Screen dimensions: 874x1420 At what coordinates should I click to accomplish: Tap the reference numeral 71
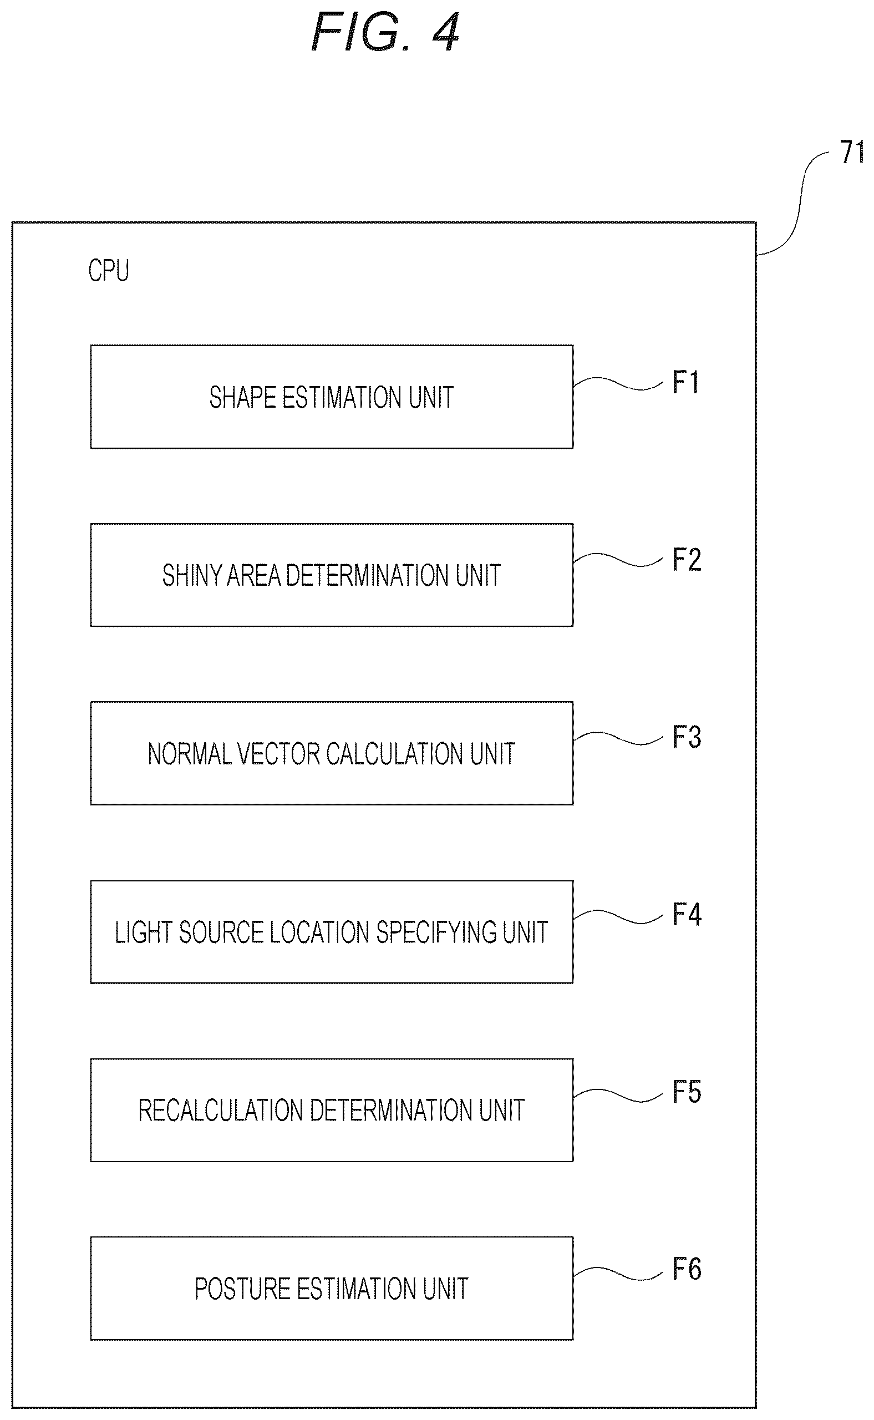tap(852, 153)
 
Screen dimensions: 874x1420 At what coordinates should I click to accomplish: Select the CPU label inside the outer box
tap(109, 271)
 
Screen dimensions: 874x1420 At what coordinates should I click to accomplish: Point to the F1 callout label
tap(686, 382)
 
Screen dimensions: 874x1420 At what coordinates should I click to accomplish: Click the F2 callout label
tap(687, 560)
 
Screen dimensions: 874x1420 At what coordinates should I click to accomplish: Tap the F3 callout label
tap(687, 737)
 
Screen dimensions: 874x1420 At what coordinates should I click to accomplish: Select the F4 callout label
tap(687, 915)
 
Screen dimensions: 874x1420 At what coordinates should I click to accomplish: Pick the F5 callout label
tap(687, 1092)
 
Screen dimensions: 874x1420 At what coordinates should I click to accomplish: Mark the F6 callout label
tap(687, 1270)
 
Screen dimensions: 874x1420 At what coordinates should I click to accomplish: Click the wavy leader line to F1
tap(618, 383)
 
